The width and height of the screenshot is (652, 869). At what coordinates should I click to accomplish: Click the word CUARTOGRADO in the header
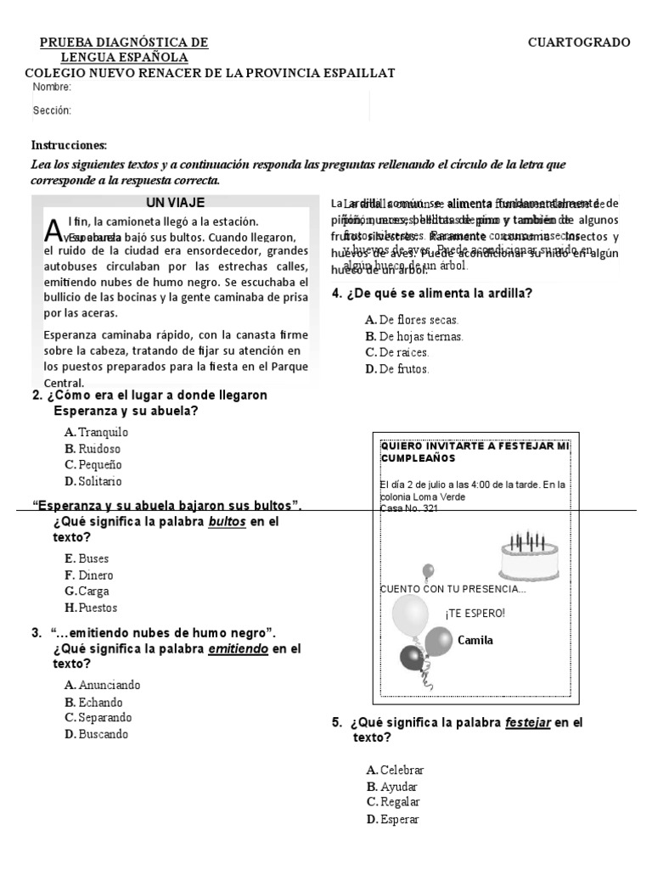tap(579, 42)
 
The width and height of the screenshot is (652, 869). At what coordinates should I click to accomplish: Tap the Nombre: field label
tap(52, 87)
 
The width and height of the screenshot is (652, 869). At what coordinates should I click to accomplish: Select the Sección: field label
tap(52, 110)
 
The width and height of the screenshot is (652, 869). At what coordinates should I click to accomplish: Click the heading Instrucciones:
tap(70, 145)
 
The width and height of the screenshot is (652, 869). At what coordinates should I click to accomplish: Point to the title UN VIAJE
tap(175, 202)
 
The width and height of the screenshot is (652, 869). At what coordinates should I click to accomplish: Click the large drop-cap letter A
tap(53, 230)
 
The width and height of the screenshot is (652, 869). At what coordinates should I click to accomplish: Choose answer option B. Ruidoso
tap(93, 448)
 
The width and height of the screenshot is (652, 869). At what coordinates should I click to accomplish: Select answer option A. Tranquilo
tap(96, 432)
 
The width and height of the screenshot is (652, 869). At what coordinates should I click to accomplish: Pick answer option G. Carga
tap(87, 591)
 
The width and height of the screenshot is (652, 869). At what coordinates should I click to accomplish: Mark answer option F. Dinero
tap(88, 575)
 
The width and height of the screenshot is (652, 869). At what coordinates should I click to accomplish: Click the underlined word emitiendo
tap(239, 648)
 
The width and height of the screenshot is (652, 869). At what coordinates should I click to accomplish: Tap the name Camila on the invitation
tap(475, 640)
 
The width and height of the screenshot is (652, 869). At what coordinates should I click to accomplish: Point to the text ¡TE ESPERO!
tap(475, 613)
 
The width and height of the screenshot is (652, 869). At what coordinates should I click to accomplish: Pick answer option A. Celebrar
tap(395, 770)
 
